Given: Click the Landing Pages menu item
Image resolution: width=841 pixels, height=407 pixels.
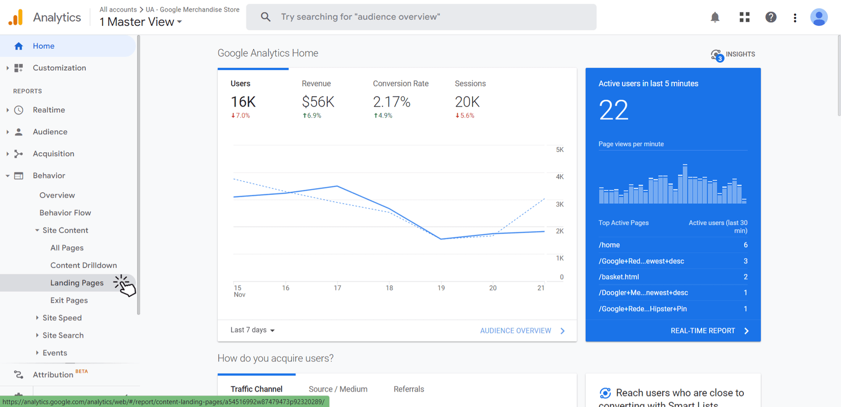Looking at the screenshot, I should pos(77,283).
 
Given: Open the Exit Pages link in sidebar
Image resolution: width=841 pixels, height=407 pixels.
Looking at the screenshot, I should pos(69,300).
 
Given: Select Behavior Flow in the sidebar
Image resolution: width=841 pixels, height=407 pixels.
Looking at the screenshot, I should pos(65,213).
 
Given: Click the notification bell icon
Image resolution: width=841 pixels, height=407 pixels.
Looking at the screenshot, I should pos(715,17).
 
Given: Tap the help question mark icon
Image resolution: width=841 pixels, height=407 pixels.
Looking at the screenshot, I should pos(771,17).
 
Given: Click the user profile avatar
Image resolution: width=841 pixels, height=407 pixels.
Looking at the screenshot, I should pos(818,17).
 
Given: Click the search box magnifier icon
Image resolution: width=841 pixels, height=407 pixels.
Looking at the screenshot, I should pos(266,17).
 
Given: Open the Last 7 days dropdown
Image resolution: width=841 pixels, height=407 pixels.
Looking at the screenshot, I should pos(252,330).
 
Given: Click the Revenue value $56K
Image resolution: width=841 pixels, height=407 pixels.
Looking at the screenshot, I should pos(318,102).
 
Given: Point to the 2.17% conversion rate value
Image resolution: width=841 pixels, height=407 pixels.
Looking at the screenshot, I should pos(392,102).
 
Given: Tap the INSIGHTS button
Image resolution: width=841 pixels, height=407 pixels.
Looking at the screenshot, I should pos(733,55).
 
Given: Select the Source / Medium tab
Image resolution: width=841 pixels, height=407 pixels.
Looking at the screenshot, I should pos(338,389).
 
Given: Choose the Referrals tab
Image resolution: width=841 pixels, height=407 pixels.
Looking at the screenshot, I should pos(408,389).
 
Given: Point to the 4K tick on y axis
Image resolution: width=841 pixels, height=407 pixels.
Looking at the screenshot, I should pos(559,177).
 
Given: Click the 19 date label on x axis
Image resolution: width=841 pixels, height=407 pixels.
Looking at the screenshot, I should pos(441,288).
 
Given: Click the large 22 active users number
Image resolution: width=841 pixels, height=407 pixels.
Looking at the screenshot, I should pos(613,110).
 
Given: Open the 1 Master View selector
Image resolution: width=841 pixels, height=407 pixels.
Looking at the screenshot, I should pos(141,22).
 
